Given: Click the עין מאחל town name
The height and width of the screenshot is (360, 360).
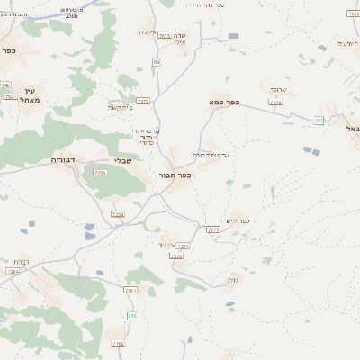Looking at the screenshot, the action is tap(30, 94).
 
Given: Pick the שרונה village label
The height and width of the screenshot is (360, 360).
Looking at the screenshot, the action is tap(276, 91).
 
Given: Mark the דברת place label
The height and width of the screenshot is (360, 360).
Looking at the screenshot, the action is tap(21, 262).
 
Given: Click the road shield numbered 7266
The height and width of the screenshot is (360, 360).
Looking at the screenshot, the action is tap(100, 173).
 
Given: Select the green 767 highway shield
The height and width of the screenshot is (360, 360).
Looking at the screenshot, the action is tap(319, 121).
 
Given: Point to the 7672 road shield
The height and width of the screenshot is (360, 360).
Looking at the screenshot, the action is tap(275, 103).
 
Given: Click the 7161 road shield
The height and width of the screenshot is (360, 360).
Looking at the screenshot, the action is tap(131, 291).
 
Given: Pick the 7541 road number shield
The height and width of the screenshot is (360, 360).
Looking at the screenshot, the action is tap(11, 97).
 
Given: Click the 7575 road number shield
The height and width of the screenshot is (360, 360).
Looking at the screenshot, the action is tap(165, 37).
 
